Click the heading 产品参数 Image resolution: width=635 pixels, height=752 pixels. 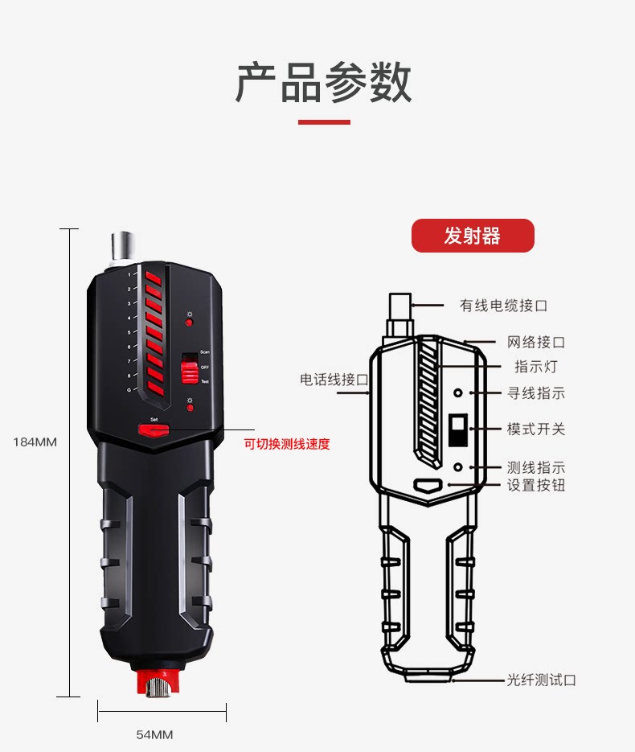coord(323,82)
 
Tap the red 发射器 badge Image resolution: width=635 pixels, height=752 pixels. coord(473,236)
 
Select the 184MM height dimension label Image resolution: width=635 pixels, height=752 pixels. coord(35,442)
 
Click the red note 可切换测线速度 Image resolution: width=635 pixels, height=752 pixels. coord(287,444)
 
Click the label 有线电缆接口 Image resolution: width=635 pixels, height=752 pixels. coord(503,306)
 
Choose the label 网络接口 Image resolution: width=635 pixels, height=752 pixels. coord(535,343)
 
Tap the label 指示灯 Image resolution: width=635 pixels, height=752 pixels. coord(535,367)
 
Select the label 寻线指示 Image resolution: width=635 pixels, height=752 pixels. coord(535,393)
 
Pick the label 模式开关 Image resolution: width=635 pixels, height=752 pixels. coord(535,429)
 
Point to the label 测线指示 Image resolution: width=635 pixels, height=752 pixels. coord(535,467)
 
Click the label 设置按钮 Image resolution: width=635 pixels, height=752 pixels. coord(535,485)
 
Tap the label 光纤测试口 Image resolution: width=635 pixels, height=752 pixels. coord(541,680)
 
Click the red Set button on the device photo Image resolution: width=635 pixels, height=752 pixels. coord(154,429)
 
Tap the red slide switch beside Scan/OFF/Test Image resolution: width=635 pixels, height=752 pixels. coord(188,371)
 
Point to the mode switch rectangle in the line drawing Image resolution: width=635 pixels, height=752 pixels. coord(458,430)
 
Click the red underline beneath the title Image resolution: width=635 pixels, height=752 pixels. coord(324,122)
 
